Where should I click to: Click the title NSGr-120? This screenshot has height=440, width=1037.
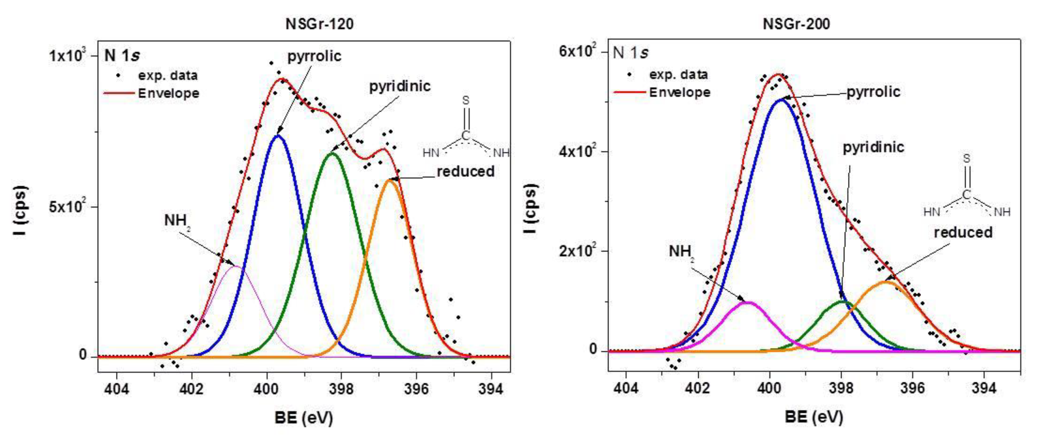click(x=319, y=24)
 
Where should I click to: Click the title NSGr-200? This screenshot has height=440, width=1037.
click(x=796, y=24)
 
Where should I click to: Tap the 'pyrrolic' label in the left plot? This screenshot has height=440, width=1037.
click(x=314, y=56)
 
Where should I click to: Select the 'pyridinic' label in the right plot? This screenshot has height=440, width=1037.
click(x=873, y=147)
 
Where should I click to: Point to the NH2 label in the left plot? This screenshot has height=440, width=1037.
click(x=176, y=221)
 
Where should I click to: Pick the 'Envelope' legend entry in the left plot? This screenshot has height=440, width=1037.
click(x=168, y=93)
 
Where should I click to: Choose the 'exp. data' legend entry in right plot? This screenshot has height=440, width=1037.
click(x=678, y=74)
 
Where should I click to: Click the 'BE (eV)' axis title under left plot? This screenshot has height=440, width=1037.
click(x=304, y=418)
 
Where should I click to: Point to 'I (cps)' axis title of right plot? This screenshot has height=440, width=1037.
click(x=530, y=208)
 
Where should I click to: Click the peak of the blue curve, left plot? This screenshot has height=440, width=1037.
click(x=278, y=136)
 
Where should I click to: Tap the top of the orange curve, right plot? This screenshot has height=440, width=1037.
click(x=886, y=281)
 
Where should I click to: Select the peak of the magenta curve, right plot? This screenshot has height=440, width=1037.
click(x=747, y=302)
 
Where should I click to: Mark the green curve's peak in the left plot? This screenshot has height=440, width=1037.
click(x=332, y=153)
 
